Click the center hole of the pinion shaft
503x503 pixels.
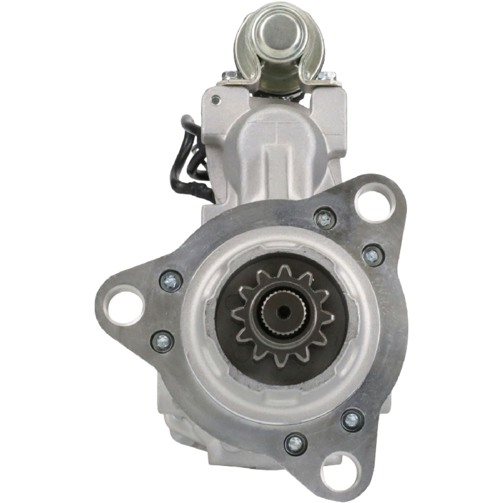283,313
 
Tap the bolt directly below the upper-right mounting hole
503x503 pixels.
373,256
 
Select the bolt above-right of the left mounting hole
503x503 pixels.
171,281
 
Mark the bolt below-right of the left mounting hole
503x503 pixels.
162,342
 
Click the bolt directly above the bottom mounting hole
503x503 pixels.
352,420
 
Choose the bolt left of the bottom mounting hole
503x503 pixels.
296,443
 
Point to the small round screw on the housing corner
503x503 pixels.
216,100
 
